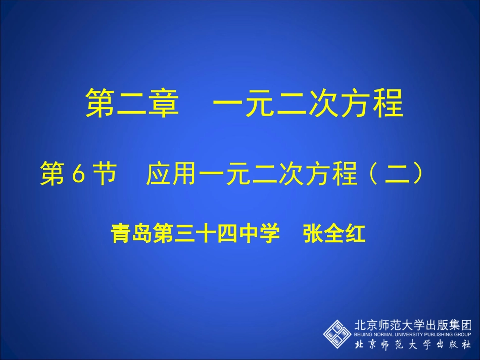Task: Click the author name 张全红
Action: click(x=334, y=234)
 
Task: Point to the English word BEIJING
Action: click(x=362, y=334)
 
